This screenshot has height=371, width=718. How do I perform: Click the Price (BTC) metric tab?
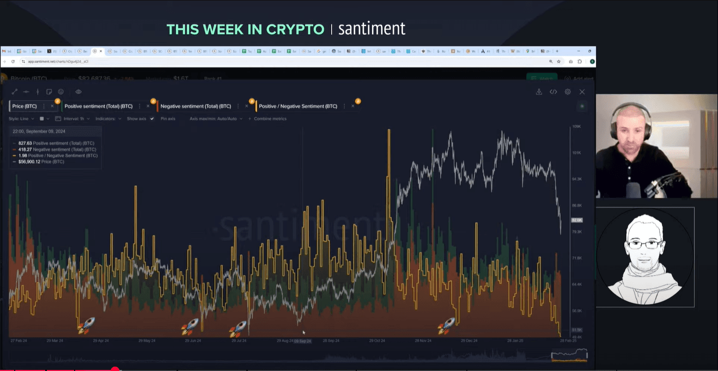[x=25, y=106]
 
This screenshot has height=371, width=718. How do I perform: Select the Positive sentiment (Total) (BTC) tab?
[x=99, y=106]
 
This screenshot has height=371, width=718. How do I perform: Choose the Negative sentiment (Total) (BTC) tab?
[x=196, y=106]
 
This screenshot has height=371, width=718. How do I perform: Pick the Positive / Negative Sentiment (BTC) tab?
[x=298, y=106]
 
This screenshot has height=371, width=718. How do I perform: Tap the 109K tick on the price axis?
[x=576, y=126]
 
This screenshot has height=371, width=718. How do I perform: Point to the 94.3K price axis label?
[x=576, y=179]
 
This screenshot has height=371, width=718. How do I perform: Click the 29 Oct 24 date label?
[x=377, y=340]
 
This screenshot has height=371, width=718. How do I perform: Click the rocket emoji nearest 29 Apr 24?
[x=86, y=326]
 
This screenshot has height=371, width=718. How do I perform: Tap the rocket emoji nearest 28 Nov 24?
[x=446, y=326]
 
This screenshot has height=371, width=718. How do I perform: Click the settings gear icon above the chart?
[x=568, y=92]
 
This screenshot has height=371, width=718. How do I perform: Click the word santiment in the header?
[x=372, y=29]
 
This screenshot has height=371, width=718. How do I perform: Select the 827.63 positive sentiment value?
[x=25, y=143]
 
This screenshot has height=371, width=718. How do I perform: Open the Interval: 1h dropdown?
[x=75, y=118]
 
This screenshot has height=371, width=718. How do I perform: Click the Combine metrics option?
[x=270, y=118]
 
